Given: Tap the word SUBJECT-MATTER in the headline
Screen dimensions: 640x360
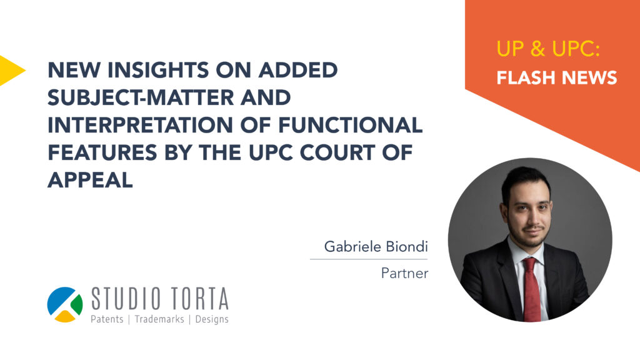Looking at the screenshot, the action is point(141,97).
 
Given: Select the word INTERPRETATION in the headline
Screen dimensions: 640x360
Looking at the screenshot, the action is point(140,125).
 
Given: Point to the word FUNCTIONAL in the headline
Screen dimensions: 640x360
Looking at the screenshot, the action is point(351,125).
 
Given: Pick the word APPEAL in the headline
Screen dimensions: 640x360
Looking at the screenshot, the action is point(90,180).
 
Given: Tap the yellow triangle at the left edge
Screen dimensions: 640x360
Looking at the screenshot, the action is point(11,70).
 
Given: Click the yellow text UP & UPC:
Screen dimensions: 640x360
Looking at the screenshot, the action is point(548,49).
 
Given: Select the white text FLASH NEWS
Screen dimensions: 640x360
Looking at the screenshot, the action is point(557,77).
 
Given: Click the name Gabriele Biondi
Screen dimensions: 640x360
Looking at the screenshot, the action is point(376,246).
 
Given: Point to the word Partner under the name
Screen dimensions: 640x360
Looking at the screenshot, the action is point(404,273).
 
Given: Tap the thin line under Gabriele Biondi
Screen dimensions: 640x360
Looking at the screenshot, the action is point(369,259).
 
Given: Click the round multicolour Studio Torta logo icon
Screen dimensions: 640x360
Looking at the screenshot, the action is point(65,304).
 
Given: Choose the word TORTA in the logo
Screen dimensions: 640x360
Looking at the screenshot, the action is point(199,299).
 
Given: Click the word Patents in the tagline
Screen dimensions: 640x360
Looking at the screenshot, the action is point(107,319).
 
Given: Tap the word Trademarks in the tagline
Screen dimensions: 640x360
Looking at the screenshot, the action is point(159,319).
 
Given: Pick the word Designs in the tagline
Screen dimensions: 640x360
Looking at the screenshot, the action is point(212,319).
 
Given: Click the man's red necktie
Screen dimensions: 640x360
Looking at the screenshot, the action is point(531,289).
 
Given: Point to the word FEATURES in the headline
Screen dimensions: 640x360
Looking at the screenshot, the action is point(102,152).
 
